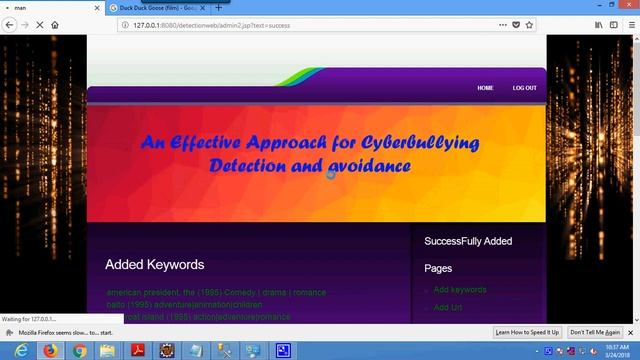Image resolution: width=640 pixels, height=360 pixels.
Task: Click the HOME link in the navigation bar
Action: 485,88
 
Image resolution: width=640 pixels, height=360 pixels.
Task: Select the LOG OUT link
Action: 524,88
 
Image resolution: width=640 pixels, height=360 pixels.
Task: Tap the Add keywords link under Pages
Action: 460,290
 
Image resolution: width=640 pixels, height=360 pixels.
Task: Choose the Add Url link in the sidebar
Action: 447,307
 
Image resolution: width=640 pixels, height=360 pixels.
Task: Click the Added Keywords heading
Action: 154,265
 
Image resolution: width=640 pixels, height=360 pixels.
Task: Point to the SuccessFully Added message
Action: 468,241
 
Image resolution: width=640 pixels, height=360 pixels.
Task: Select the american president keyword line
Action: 216,293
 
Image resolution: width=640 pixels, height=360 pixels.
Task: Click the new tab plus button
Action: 219,7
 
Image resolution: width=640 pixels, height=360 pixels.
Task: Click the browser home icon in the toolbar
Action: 54,24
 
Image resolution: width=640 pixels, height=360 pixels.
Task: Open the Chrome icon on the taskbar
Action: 79,350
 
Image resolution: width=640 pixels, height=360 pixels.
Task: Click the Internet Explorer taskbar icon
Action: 21,350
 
